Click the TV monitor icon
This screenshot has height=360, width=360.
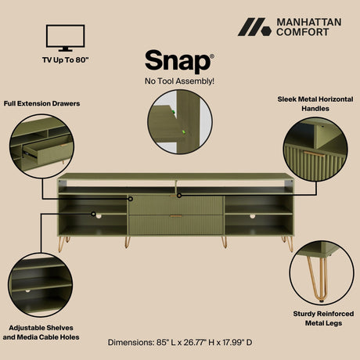(65, 38)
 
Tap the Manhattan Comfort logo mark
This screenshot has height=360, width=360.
(254, 27)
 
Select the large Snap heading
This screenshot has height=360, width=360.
(167, 62)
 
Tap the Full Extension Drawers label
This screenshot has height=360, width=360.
(41, 103)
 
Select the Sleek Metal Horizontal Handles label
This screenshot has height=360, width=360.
(315, 104)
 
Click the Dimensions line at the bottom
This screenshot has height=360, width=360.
(179, 343)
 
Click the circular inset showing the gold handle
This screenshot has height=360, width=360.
(315, 152)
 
